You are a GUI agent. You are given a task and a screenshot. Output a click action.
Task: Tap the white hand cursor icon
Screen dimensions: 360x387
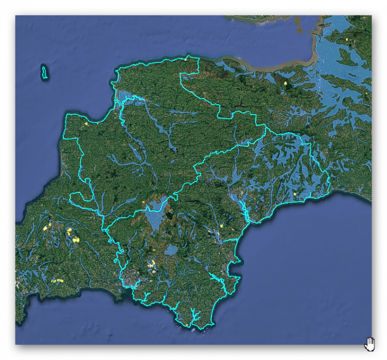tap(370, 344)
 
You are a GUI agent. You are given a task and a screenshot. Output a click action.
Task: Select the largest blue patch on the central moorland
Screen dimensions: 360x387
tap(155, 215)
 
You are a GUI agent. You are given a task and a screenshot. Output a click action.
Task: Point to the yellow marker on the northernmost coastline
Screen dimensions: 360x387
tap(185, 59)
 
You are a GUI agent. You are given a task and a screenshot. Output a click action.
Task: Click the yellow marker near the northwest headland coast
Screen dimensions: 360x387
tap(86, 123)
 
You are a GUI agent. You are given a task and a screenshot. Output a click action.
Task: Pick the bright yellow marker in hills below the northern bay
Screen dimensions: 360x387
tap(285, 83)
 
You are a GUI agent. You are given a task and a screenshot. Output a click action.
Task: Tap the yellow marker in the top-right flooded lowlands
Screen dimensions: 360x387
tap(347, 39)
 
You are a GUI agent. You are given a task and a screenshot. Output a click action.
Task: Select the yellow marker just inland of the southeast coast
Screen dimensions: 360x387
tap(294, 194)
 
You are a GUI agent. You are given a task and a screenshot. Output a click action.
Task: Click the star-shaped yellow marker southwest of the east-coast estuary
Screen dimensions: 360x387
tap(221, 227)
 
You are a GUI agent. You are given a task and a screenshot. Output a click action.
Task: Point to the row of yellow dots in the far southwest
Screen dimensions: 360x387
tap(57, 280)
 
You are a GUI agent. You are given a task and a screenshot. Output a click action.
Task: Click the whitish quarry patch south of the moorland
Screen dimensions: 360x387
tap(152, 264)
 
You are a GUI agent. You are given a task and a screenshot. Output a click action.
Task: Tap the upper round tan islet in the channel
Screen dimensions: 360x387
tap(297, 21)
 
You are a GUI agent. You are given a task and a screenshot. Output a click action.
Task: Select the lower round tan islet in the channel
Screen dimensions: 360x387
tap(300, 30)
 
